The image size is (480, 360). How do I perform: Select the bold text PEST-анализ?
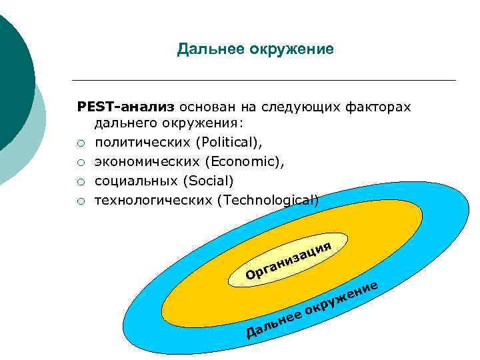(126, 107)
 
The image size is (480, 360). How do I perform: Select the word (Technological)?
(268, 199)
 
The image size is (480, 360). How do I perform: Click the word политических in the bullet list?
(137, 142)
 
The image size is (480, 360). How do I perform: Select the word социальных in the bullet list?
(130, 181)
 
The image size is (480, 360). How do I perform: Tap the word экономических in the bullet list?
(147, 161)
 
